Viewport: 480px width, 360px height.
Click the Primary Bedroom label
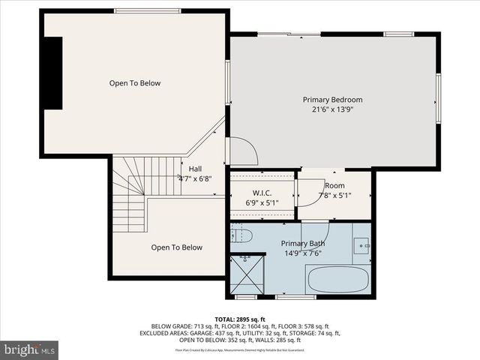point(332,100)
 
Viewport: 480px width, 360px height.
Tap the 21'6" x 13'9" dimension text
point(332,109)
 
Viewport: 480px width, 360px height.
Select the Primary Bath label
point(303,244)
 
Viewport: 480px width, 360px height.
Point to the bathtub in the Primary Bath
point(337,280)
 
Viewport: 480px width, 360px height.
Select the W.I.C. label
point(262,193)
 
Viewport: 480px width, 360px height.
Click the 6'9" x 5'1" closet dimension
point(262,202)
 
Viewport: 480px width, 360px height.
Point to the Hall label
point(195,169)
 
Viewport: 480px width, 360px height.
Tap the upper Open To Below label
point(135,83)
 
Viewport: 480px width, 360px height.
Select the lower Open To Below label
point(176,247)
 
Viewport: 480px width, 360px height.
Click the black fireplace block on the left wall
point(52,73)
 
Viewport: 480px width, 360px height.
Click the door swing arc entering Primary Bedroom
point(244,150)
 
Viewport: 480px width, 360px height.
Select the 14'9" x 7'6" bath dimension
point(303,253)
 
